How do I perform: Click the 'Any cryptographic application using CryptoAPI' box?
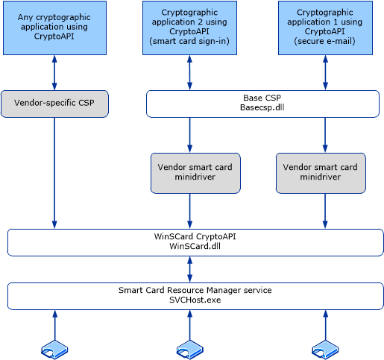pos(54,28)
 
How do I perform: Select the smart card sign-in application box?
pos(189,28)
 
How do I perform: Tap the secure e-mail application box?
pos(325,28)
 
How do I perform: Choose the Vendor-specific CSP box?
pos(54,104)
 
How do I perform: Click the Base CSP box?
pos(257,104)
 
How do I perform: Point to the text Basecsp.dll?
pos(258,109)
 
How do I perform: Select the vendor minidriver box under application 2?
pos(195,173)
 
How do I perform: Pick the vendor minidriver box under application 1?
pos(321,173)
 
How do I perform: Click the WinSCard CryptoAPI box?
pos(195,242)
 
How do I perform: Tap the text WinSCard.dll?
pos(195,247)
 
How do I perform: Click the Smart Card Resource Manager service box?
pos(195,295)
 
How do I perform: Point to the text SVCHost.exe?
pos(195,300)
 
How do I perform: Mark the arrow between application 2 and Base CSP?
pos(190,73)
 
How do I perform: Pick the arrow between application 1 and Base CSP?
pos(325,73)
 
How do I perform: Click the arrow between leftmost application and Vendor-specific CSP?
pos(54,73)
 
